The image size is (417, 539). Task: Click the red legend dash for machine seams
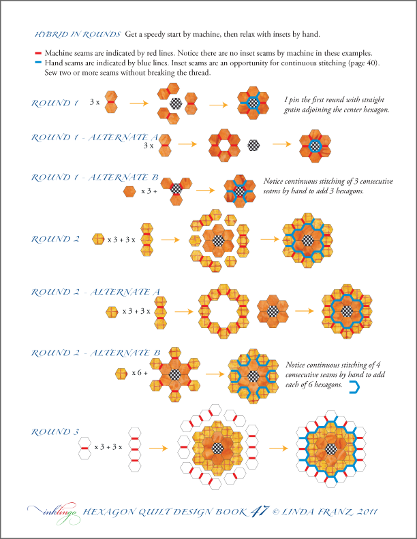[38, 53]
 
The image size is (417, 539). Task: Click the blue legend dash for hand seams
[38, 63]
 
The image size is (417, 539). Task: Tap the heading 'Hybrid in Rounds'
[78, 34]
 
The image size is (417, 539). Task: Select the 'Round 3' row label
[55, 431]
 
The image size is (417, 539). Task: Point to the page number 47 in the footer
[259, 511]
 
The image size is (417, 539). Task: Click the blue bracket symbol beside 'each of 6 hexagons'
[354, 388]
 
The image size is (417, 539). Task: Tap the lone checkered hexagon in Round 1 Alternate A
[253, 145]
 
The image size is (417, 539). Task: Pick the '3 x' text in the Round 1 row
[95, 102]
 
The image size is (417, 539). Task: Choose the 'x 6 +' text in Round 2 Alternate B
[140, 373]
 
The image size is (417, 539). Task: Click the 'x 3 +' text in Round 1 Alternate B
[149, 191]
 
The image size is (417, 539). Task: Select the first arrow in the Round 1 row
[139, 103]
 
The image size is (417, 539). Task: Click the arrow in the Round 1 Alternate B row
[205, 190]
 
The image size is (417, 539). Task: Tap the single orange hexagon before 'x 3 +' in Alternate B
[129, 191]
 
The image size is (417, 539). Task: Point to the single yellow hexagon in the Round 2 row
[98, 239]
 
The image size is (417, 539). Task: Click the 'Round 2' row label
[55, 240]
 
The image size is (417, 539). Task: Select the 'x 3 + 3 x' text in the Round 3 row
[108, 447]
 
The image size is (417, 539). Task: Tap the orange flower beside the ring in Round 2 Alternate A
[273, 311]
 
